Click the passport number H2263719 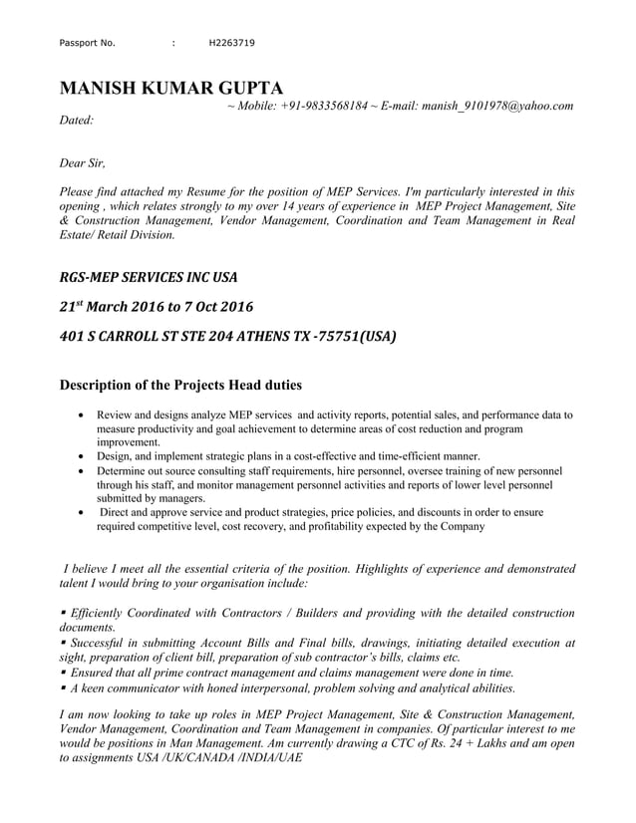click(231, 43)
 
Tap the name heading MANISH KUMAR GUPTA click(171, 87)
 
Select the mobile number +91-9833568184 click(324, 105)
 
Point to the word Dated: click(78, 120)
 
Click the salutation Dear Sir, click(83, 163)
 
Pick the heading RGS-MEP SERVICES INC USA click(149, 275)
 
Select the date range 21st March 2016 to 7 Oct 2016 click(157, 305)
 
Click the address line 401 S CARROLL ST click(227, 336)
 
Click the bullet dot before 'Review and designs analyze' click(80, 413)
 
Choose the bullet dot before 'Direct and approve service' click(80, 512)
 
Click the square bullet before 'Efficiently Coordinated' click(63, 613)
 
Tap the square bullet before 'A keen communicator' click(63, 688)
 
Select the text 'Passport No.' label click(88, 43)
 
